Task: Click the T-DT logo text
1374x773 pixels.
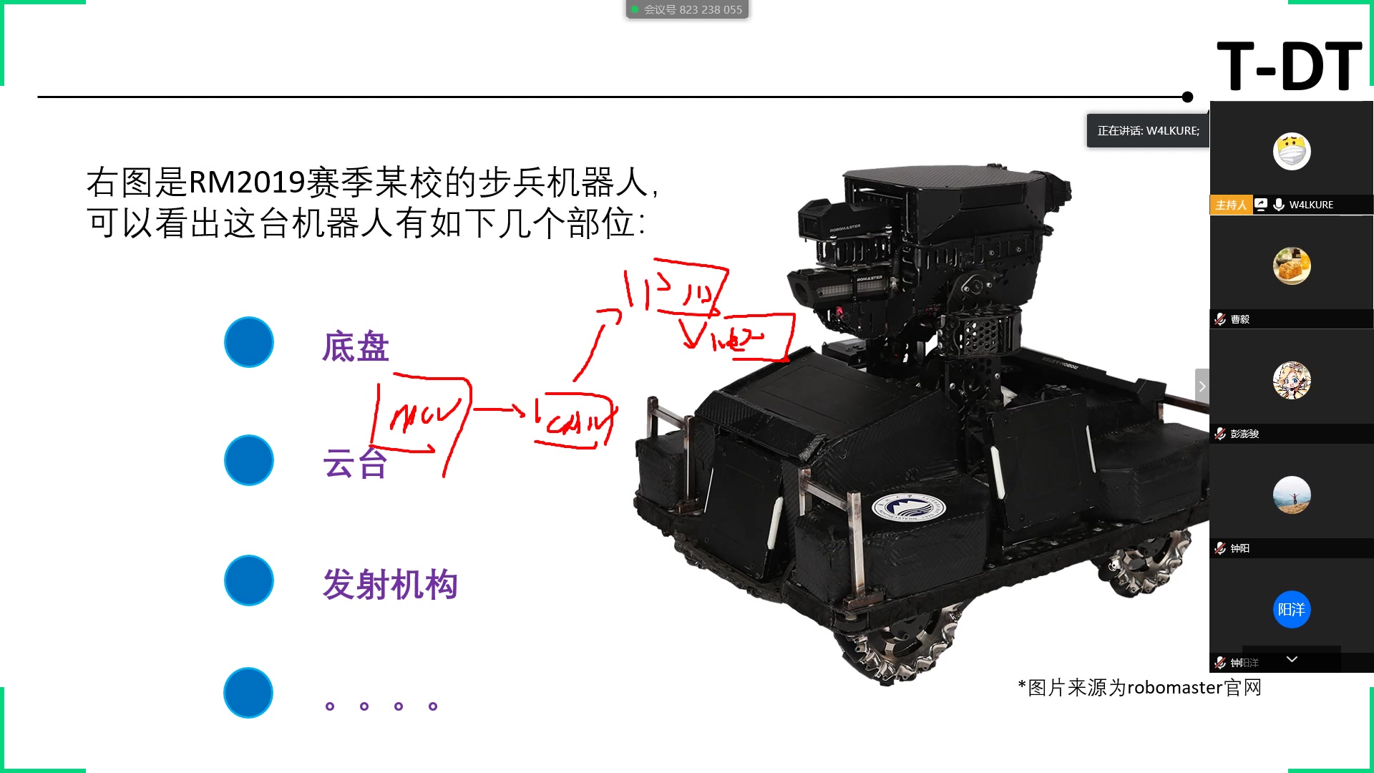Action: [1289, 66]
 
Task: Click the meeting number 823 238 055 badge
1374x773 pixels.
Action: [687, 9]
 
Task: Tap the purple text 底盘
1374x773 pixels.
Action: [356, 347]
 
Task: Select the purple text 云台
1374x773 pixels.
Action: [355, 463]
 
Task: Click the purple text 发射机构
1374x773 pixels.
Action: [390, 585]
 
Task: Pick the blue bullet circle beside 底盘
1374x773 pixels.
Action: [249, 342]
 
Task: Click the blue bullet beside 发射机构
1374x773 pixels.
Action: [249, 580]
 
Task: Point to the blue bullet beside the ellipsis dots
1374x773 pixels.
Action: [248, 693]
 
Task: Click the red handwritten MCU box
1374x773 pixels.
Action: [422, 415]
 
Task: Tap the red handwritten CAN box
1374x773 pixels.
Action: [576, 421]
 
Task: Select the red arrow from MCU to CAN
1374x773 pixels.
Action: [500, 409]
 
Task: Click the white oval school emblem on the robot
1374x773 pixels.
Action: [908, 508]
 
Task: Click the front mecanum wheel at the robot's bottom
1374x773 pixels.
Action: [902, 644]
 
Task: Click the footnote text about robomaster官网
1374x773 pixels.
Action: [1139, 688]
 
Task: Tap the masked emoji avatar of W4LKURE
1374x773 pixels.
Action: [1291, 152]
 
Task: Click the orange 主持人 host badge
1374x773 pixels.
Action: [1230, 205]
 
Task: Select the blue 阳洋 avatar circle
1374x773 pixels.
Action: [1291, 610]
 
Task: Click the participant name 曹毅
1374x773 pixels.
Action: [1239, 319]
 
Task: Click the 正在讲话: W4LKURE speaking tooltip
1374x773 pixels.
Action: [1148, 131]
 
